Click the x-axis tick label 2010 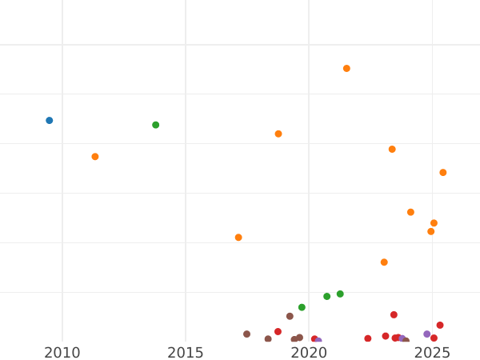62,353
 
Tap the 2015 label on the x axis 186,353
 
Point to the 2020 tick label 309,353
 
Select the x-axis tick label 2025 432,353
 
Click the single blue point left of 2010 49,121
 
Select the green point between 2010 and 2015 155,125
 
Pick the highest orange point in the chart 346,69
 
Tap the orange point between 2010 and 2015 95,157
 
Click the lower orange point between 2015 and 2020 238,238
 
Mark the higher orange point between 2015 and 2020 278,134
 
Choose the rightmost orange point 443,173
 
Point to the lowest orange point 384,262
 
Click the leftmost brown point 246,334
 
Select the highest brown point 290,316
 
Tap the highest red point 394,315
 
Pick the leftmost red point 278,332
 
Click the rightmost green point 340,294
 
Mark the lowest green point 302,307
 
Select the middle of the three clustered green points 326,297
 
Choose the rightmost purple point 426,334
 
